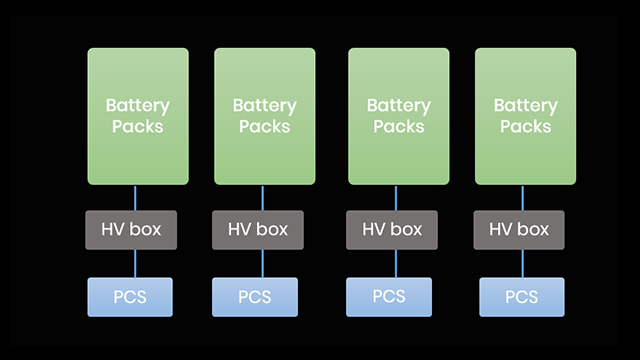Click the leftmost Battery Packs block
138,116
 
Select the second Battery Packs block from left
264,116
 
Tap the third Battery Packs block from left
398,116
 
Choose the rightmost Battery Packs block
525,116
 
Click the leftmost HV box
138,230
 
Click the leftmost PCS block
131,297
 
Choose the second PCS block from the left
254,297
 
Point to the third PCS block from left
388,297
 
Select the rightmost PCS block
521,297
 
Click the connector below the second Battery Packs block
262,198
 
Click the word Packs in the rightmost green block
525,127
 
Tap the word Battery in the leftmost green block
138,105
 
